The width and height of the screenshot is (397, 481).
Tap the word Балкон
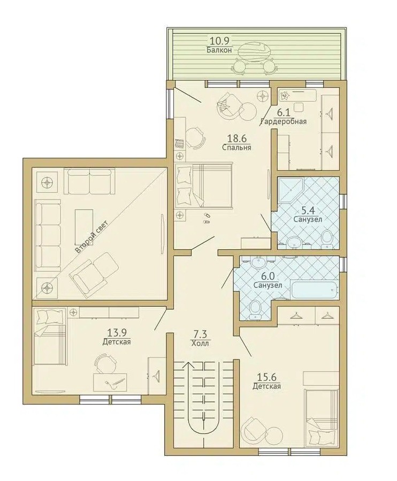[x=219, y=50]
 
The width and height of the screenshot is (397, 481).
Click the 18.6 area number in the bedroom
[x=237, y=139]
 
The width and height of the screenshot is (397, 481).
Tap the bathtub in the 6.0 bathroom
[x=315, y=291]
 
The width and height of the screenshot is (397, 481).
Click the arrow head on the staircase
[x=189, y=365]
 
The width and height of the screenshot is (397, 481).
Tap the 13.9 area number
[x=117, y=332]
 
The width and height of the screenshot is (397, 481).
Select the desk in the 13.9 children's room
[x=110, y=383]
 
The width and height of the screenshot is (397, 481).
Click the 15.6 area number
[x=266, y=377]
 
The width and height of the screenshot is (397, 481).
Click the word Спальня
[x=237, y=148]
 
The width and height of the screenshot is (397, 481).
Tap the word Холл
[x=200, y=343]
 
